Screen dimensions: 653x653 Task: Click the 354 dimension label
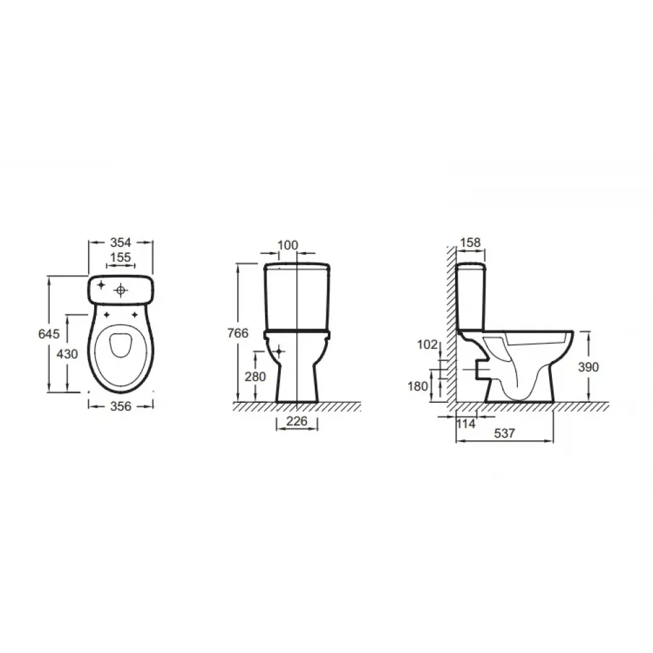tap(120, 242)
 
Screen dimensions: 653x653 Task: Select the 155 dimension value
tap(120, 257)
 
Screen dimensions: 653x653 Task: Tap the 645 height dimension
tap(49, 334)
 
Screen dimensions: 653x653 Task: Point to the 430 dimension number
tap(67, 354)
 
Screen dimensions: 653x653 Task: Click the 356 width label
tap(120, 406)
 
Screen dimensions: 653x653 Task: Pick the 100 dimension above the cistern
tap(288, 245)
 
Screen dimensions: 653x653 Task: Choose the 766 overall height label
tap(238, 333)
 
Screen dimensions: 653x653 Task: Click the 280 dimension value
tap(255, 377)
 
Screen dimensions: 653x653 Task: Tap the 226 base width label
tap(297, 421)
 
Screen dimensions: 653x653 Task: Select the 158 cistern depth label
tap(471, 242)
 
